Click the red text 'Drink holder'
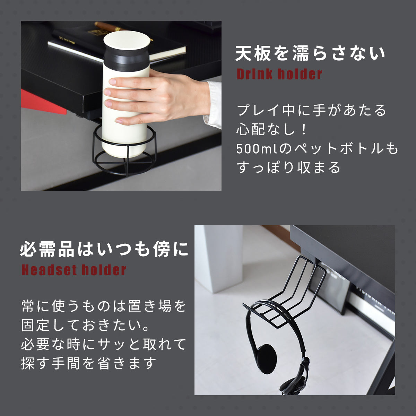[x=279, y=74]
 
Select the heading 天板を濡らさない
[x=310, y=53]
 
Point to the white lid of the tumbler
[x=127, y=41]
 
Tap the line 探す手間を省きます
[x=88, y=363]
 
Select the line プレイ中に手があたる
[x=311, y=110]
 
